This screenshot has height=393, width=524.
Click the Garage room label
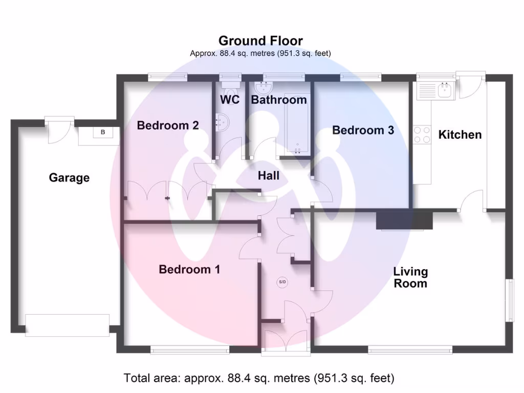click(x=69, y=178)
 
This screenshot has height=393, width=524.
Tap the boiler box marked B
click(x=103, y=133)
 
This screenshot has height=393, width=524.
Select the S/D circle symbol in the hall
click(x=282, y=282)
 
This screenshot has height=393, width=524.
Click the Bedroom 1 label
click(x=189, y=269)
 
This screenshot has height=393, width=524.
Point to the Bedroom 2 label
click(x=168, y=125)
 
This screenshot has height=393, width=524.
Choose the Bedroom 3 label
click(x=363, y=130)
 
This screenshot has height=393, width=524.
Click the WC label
click(x=230, y=99)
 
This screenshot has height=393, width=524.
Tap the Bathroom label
click(x=279, y=99)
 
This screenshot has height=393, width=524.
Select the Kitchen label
click(x=460, y=135)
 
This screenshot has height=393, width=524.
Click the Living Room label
click(x=410, y=277)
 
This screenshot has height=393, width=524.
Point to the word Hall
click(x=269, y=176)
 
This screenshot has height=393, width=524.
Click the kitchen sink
click(x=443, y=91)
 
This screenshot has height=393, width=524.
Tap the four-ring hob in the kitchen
click(x=422, y=134)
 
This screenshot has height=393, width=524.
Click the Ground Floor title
click(x=260, y=41)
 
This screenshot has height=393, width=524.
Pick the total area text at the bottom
click(x=259, y=378)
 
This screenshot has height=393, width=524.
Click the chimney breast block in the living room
click(x=404, y=221)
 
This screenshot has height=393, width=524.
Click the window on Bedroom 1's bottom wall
click(x=189, y=350)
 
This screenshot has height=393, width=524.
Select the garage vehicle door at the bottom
click(x=67, y=325)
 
